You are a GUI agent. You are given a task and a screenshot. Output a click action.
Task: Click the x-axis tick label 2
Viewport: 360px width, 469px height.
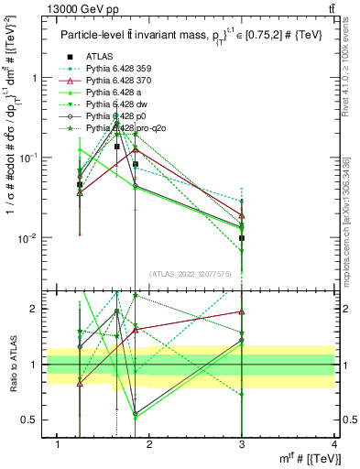150,444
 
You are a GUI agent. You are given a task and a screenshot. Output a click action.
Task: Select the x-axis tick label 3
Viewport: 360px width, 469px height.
243,444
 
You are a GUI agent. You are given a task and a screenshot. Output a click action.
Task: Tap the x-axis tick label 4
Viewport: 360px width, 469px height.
334,444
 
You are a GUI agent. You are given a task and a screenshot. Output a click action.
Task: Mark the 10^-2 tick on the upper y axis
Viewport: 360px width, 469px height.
26,238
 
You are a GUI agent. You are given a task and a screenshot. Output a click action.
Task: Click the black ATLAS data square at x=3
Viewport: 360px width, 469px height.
242,238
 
